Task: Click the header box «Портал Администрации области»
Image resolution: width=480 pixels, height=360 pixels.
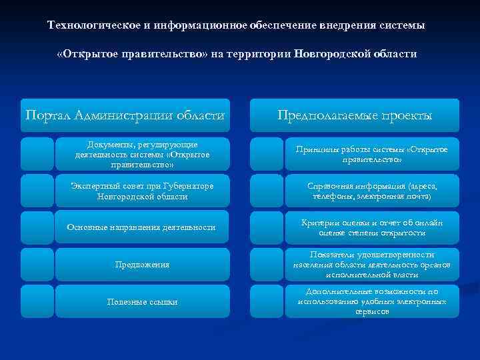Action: [x=125, y=115]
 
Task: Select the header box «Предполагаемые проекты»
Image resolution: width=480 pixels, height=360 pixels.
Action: [x=355, y=115]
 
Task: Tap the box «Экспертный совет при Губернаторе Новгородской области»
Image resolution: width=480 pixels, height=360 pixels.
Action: [x=142, y=191]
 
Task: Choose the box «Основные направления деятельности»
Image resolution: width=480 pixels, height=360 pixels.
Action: [x=142, y=227]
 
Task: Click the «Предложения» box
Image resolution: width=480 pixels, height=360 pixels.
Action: [x=142, y=265]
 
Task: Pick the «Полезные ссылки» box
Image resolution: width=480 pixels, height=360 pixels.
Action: [x=142, y=301]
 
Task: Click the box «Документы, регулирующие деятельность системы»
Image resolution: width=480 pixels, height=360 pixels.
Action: [x=142, y=155]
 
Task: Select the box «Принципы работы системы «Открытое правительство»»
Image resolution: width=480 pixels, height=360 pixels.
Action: [x=372, y=155]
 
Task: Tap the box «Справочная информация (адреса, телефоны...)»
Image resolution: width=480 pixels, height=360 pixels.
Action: [x=372, y=191]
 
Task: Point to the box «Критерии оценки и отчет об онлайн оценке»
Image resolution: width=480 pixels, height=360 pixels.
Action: [x=372, y=227]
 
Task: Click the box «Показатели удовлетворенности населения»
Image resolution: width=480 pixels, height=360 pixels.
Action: [x=372, y=265]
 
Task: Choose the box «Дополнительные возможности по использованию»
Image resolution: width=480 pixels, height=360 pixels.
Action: [x=372, y=301]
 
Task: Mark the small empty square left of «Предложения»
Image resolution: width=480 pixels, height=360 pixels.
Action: [x=37, y=265]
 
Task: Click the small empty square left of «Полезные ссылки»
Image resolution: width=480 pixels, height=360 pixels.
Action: [x=37, y=301]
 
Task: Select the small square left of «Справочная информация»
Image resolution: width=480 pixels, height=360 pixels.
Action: [x=267, y=191]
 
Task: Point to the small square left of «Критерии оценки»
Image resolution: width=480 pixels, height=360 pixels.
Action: [x=267, y=227]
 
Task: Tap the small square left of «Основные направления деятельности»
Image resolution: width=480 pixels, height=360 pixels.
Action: [x=37, y=227]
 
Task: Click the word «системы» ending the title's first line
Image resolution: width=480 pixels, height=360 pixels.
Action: [x=401, y=25]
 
